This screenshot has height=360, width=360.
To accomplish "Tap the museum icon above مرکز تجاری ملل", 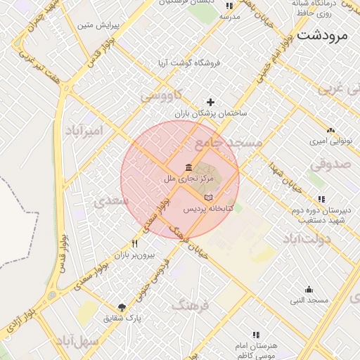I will pyautogui.click(x=188, y=167).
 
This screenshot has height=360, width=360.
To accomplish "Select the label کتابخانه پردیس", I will pyautogui.click(x=203, y=209).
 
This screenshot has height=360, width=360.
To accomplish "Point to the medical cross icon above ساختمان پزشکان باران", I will pyautogui.click(x=210, y=102).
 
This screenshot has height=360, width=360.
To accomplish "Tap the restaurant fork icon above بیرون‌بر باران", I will pyautogui.click(x=134, y=243).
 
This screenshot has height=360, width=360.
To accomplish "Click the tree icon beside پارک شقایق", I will pyautogui.click(x=122, y=307).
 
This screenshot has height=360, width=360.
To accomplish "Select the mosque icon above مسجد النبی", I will pyautogui.click(x=309, y=289).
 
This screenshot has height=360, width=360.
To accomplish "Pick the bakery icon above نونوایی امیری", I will pyautogui.click(x=330, y=130).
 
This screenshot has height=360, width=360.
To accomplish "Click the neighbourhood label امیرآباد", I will pyautogui.click(x=84, y=131).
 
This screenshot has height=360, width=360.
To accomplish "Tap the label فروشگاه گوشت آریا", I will pyautogui.click(x=189, y=63).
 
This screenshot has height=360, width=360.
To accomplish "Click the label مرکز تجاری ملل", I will pyautogui.click(x=188, y=179).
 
